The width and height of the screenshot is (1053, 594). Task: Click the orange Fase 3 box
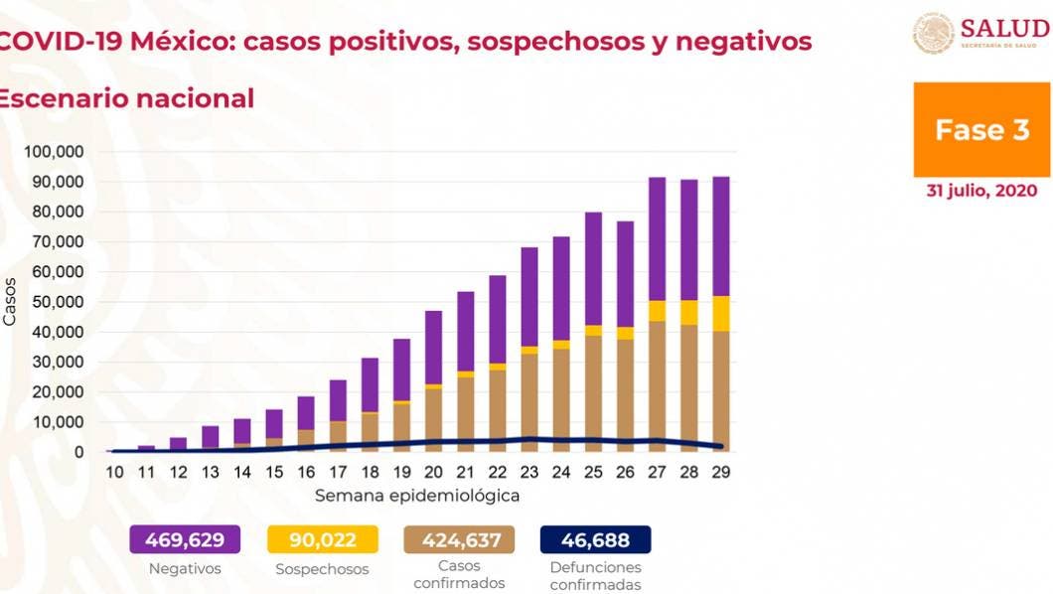pyautogui.click(x=981, y=130)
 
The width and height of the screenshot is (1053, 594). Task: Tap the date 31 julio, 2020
pyautogui.click(x=981, y=191)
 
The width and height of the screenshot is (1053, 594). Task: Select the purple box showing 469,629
pyautogui.click(x=185, y=540)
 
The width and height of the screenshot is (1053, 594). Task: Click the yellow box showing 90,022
pyautogui.click(x=323, y=540)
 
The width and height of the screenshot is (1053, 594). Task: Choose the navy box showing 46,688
pyautogui.click(x=595, y=540)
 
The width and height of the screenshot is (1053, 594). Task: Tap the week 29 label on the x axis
pyautogui.click(x=721, y=473)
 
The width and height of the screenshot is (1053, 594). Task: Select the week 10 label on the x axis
pyautogui.click(x=115, y=473)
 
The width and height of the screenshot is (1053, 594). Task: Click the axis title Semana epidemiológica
pyautogui.click(x=417, y=495)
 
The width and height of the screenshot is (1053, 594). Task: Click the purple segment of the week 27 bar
pyautogui.click(x=657, y=238)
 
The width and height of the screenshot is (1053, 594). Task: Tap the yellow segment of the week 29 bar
pyautogui.click(x=721, y=314)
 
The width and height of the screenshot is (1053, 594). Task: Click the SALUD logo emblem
pyautogui.click(x=934, y=33)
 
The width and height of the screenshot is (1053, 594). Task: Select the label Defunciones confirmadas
pyautogui.click(x=595, y=575)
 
